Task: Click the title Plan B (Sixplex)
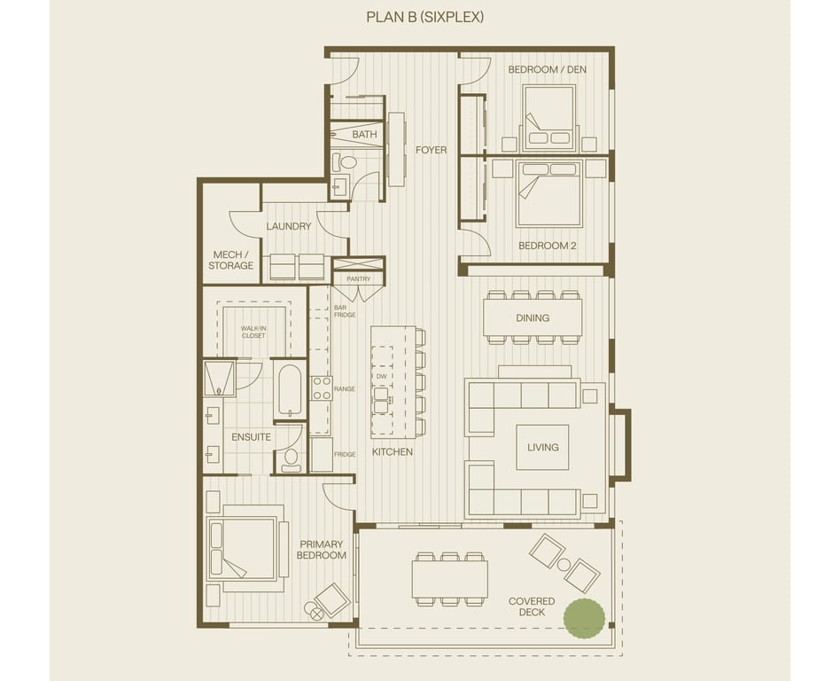pyautogui.click(x=424, y=17)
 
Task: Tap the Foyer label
pyautogui.click(x=431, y=150)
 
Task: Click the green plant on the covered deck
pyautogui.click(x=584, y=618)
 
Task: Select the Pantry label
pyautogui.click(x=358, y=278)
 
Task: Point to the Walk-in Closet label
pyautogui.click(x=253, y=332)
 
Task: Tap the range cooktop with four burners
pyautogui.click(x=322, y=388)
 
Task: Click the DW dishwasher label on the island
pyautogui.click(x=381, y=377)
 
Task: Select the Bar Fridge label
pyautogui.click(x=345, y=311)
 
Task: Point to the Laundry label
pyautogui.click(x=289, y=226)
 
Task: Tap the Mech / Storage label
pyautogui.click(x=231, y=260)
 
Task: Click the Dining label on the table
pyautogui.click(x=533, y=318)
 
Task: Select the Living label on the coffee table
pyautogui.click(x=542, y=447)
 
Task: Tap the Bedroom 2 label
pyautogui.click(x=548, y=247)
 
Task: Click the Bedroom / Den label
pyautogui.click(x=547, y=70)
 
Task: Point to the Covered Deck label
pyautogui.click(x=532, y=607)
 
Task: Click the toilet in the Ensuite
pyautogui.click(x=291, y=459)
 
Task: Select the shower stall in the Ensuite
pyautogui.click(x=220, y=378)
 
